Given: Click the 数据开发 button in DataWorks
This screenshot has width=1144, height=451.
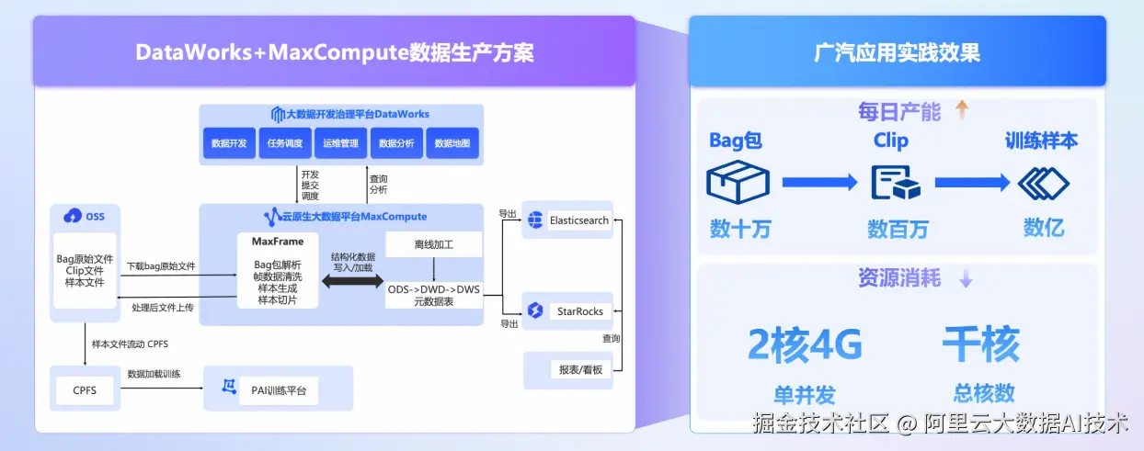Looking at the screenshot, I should pos(229,143).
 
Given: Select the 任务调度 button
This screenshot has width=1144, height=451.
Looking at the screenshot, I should pos(285,143).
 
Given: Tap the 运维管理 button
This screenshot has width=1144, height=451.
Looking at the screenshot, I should pos(341,143).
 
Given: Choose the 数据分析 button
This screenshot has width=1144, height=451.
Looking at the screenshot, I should pos(396,143).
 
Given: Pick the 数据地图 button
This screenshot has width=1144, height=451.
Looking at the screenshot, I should pos(452,143).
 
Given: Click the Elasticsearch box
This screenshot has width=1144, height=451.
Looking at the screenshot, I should pos(566,220).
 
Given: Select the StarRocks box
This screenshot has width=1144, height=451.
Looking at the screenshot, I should pos(566,311).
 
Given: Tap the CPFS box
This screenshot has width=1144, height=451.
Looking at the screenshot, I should pos(84,390).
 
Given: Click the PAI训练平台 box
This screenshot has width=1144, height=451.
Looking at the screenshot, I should pos(279,390).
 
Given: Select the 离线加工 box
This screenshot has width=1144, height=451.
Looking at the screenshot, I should pos(433,244).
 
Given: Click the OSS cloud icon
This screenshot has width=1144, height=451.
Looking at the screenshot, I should pos(73,217).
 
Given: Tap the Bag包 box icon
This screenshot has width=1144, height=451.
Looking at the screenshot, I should pos(738,182).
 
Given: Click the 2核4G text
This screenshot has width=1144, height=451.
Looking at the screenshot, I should pos(805,346).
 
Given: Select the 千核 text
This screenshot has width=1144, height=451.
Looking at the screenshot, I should pos(981,346).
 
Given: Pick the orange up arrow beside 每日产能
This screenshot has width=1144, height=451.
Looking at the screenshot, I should pos(962,111).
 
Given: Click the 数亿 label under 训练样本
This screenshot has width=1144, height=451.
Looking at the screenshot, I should pos(1044,228).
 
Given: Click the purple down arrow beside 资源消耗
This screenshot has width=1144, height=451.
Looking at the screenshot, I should pos(966,278).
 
